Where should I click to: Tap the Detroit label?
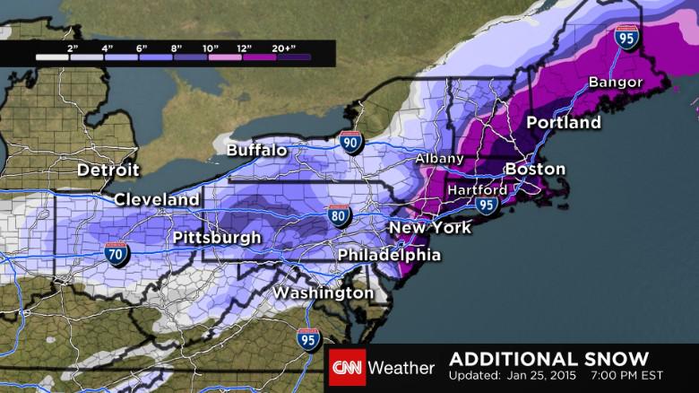(108, 170)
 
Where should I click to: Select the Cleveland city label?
(157, 198)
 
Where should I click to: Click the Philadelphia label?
(389, 255)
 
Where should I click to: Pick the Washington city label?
(324, 293)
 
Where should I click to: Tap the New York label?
(429, 228)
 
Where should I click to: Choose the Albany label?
(438, 159)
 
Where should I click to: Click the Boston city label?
(535, 169)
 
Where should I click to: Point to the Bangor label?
(616, 83)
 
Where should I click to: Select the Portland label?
(563, 122)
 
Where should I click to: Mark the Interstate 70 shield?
(115, 253)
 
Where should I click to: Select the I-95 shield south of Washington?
(307, 339)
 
